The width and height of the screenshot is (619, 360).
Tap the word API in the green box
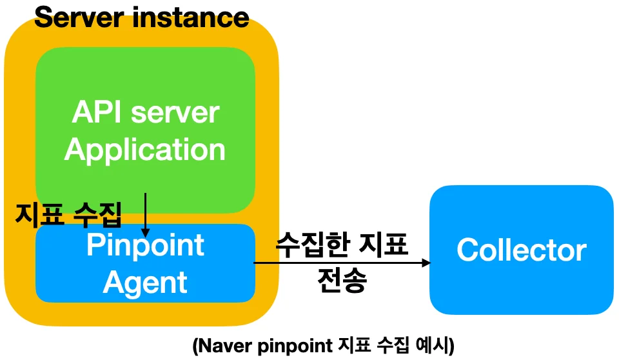point(97,113)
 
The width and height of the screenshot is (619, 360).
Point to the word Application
point(145,150)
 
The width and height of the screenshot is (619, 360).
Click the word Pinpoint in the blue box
point(145,245)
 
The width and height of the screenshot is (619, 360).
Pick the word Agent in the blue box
point(145,281)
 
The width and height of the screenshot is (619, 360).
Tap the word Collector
point(522,250)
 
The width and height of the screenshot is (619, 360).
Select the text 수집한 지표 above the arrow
point(342,246)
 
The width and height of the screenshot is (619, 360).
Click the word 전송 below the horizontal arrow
point(342,280)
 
